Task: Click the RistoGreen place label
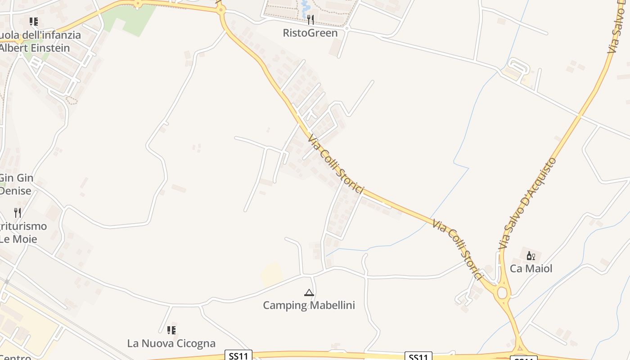point(310,33)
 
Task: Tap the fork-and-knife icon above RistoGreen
point(310,20)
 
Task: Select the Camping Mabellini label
point(309,305)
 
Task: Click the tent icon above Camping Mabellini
point(309,293)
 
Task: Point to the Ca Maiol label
point(531,269)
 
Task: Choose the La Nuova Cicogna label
point(171,343)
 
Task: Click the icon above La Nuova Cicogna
point(171,330)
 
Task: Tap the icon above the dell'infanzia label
point(34,22)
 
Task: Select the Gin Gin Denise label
point(16,184)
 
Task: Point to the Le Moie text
point(18,239)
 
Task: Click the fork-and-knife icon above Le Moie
point(18,212)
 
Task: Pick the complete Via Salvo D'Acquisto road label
point(528,203)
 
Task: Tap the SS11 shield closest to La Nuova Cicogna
point(238,356)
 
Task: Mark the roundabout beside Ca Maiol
point(502,293)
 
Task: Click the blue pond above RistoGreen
point(306,6)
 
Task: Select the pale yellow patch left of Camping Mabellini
point(272,274)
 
